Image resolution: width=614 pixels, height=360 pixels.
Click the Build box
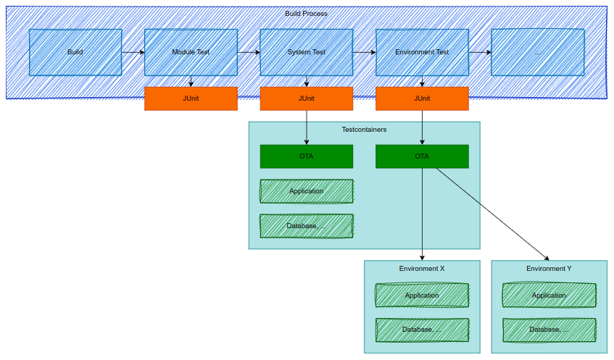[75, 52]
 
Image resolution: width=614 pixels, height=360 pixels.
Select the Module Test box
[191, 52]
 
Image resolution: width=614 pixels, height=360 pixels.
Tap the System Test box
[306, 52]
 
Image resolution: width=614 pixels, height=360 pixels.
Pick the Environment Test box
[422, 52]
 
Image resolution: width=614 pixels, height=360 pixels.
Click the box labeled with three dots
[537, 52]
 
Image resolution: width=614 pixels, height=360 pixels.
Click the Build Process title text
[306, 14]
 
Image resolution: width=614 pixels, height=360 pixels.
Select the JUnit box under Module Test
[191, 99]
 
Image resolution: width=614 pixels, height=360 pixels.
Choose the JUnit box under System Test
[306, 99]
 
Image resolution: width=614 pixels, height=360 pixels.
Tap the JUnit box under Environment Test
[422, 99]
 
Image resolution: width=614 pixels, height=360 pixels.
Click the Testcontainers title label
[364, 130]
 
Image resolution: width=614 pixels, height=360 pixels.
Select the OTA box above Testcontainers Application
[306, 156]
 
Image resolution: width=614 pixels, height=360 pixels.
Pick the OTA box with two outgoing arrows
[422, 156]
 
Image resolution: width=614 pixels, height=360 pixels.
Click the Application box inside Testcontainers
[306, 191]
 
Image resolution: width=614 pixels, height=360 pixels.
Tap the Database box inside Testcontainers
[306, 226]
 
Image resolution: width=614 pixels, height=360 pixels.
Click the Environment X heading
[422, 269]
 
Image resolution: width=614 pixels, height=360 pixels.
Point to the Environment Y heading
[549, 269]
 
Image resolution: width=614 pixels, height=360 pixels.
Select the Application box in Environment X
[422, 296]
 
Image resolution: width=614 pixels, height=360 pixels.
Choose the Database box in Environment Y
[549, 330]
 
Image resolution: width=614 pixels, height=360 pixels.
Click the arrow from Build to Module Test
[133, 52]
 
